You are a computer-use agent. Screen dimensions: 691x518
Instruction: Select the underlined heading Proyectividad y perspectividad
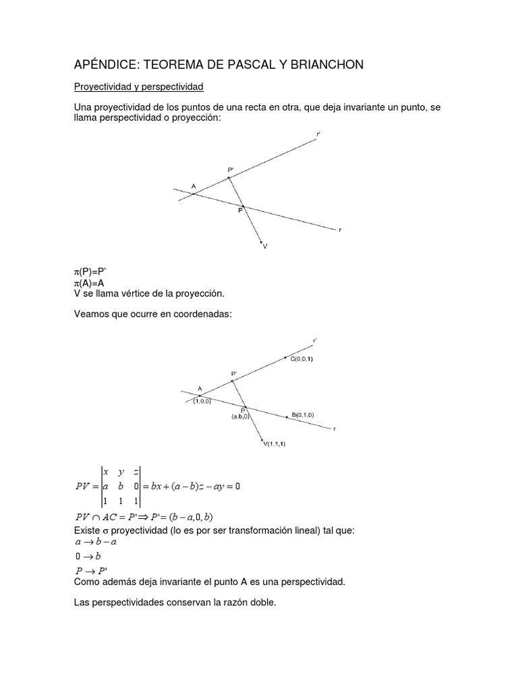138,87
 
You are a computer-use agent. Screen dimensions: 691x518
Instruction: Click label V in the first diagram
265,246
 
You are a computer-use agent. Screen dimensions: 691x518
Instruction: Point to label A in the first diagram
194,186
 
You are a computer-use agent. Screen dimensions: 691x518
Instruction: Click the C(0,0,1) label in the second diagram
301,359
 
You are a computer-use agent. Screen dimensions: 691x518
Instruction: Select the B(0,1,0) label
303,414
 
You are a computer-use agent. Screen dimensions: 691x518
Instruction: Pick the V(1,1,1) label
279,443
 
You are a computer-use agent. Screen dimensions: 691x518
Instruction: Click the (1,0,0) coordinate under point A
201,401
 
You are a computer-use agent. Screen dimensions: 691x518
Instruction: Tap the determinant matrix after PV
120,486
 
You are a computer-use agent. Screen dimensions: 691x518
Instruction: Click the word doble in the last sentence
262,603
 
